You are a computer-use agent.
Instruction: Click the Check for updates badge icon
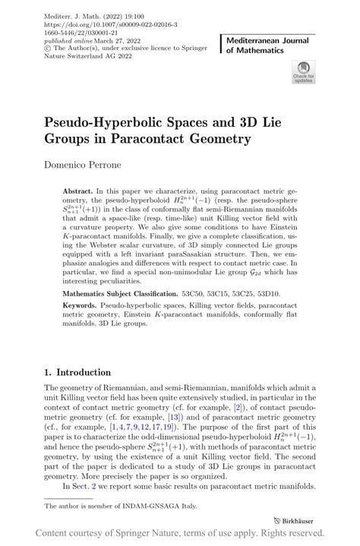click(x=302, y=73)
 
